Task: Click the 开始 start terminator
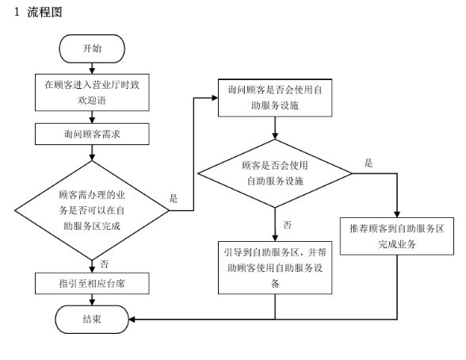coord(92,48)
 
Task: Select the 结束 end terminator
coord(92,320)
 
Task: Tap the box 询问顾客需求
coord(92,134)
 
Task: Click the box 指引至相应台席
coord(92,283)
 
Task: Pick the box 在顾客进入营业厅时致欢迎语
coord(92,93)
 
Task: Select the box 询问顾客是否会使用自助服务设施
coord(275,98)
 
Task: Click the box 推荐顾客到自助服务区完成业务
coord(397,236)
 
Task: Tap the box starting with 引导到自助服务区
coord(275,267)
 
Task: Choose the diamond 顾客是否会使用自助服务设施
coord(275,174)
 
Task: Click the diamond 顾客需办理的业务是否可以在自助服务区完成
coord(92,210)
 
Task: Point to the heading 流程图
coord(44,12)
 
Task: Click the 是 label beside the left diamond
coord(174,198)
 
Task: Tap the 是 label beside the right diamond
coord(369,163)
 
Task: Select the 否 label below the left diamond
coord(104,264)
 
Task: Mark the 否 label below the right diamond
coord(287,225)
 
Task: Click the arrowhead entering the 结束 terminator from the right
coord(132,320)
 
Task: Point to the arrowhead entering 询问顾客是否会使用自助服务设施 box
coord(215,98)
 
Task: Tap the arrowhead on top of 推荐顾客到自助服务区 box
coord(397,214)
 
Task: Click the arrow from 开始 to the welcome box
coord(92,68)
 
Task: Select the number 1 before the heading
coord(17,12)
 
